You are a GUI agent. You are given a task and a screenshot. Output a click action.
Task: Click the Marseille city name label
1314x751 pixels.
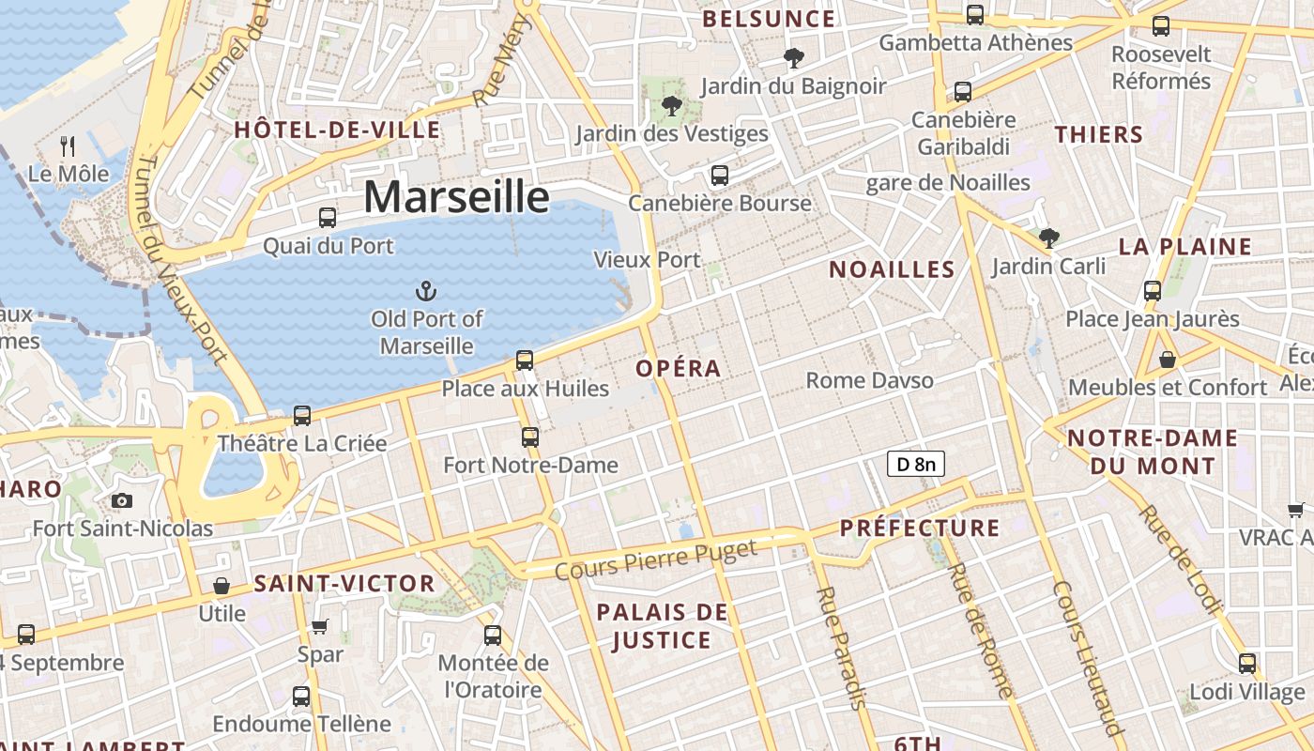[x=456, y=197]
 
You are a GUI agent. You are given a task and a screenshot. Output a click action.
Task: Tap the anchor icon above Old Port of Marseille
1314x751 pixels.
[x=426, y=290]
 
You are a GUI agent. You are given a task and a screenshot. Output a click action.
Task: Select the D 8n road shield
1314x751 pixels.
[x=915, y=463]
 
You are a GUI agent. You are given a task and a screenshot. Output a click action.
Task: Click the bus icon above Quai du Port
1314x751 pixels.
[x=327, y=218]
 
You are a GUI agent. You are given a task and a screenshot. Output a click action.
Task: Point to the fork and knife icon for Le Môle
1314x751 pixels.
[x=68, y=146]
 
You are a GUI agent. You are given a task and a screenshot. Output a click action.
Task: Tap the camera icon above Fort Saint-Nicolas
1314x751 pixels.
[x=122, y=501]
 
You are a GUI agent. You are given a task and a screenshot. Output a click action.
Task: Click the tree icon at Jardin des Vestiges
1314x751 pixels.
[x=671, y=105]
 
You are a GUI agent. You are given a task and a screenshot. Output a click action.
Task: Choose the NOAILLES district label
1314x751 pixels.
[x=892, y=270]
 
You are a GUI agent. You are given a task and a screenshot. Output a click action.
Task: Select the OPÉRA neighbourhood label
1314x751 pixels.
[x=679, y=369]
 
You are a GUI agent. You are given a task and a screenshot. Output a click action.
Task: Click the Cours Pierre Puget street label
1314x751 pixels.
[x=655, y=559]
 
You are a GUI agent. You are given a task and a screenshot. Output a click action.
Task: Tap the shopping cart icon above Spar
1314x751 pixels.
[x=320, y=626]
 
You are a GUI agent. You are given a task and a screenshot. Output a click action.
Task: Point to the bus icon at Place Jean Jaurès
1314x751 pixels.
[x=1153, y=291]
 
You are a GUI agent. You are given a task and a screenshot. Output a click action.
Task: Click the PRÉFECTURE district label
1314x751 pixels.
[x=920, y=528]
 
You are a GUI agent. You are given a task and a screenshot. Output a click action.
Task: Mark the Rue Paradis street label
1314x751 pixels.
[x=841, y=648]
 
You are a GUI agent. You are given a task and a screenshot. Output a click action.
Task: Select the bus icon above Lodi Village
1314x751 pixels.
[x=1247, y=664]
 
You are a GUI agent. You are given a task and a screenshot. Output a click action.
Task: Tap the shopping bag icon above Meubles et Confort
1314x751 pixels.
[x=1168, y=360]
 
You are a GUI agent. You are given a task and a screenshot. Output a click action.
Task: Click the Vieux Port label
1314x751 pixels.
[x=647, y=260]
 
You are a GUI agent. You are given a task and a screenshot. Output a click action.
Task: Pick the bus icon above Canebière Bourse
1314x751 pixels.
[x=720, y=176]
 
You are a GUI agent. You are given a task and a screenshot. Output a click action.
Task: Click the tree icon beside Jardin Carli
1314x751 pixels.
[x=1048, y=238]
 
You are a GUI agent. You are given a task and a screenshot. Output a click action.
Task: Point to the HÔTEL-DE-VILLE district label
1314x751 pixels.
[x=337, y=130]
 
